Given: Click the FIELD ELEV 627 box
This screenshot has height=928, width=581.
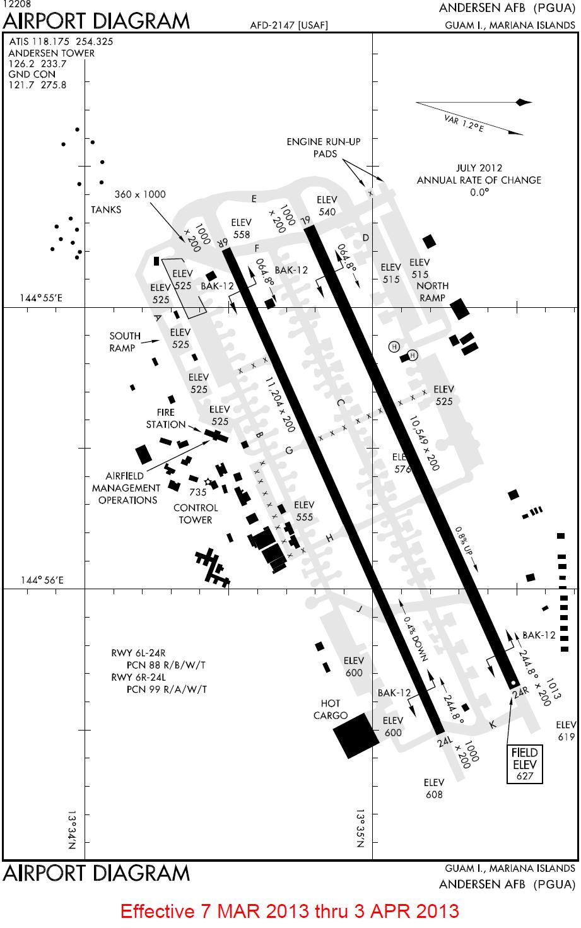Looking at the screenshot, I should [x=525, y=764].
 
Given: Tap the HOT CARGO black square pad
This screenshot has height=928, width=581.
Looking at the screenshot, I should [x=356, y=735].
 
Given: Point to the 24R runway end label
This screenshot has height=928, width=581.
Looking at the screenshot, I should [x=520, y=693].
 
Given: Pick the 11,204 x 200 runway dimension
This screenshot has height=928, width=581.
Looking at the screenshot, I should [x=281, y=404].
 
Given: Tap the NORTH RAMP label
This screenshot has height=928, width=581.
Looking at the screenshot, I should [x=433, y=291].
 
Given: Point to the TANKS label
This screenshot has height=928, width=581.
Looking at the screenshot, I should [x=106, y=209].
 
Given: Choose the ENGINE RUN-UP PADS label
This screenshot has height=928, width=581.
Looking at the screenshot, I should [x=323, y=148].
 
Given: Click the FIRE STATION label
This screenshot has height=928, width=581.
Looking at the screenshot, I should [x=166, y=418].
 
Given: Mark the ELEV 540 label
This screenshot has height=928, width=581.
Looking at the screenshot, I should [x=327, y=206].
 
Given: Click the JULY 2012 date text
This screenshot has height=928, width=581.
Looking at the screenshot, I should [x=479, y=168].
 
